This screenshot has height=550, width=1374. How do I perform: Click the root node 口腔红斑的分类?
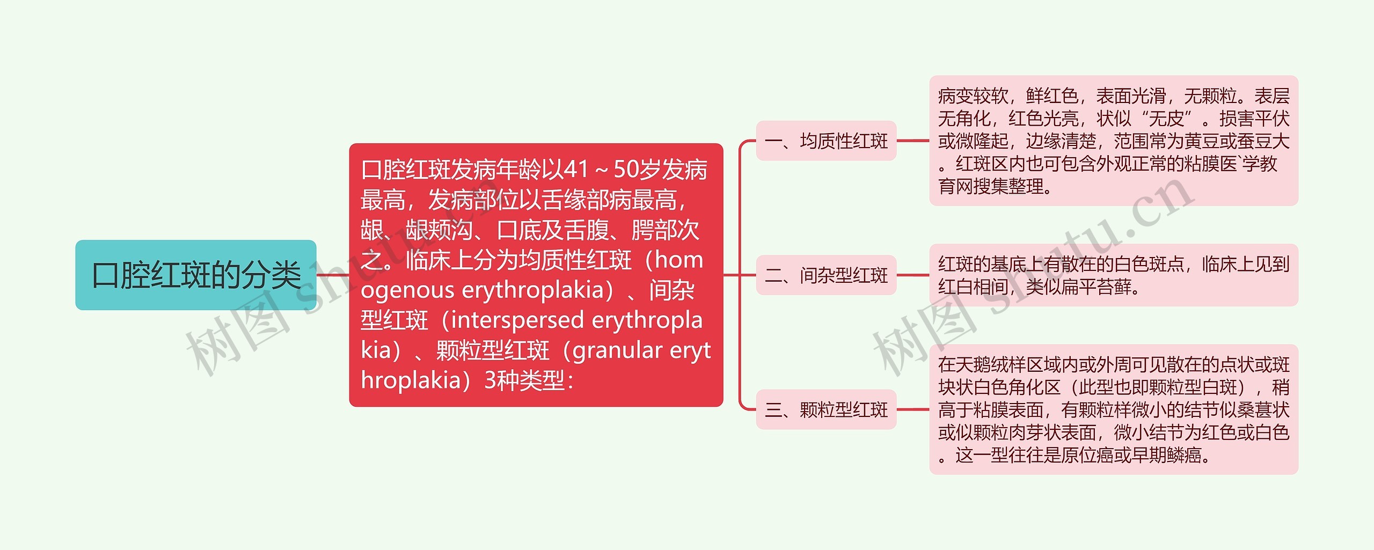point(196,275)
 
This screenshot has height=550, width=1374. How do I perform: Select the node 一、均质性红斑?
point(826,141)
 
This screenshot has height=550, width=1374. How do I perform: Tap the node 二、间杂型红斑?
point(826,276)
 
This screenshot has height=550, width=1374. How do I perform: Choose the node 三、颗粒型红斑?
point(826,410)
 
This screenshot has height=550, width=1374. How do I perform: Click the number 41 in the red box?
point(576,170)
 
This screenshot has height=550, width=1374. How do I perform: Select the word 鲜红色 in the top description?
point(1052,97)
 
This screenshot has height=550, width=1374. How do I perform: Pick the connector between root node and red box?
point(333,275)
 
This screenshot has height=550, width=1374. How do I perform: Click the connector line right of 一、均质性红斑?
point(912,141)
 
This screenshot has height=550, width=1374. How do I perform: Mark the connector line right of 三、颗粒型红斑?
point(912,410)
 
